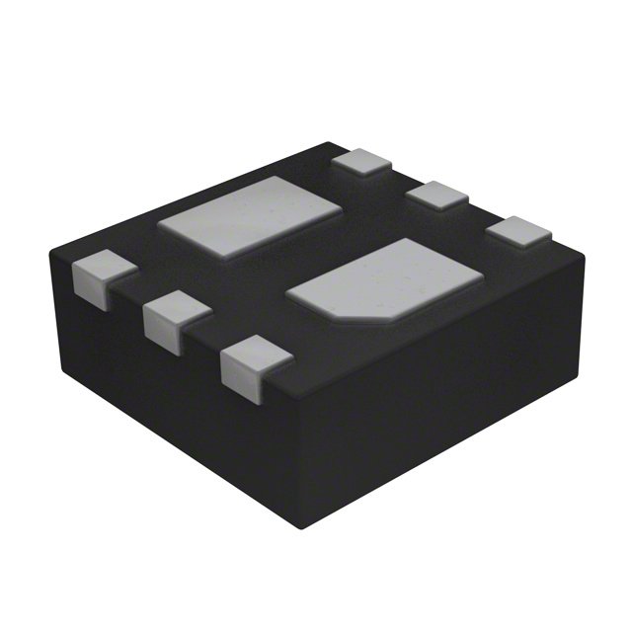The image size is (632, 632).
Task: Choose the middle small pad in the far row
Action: (437, 194)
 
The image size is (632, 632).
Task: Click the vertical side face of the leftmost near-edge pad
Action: (89, 287)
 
